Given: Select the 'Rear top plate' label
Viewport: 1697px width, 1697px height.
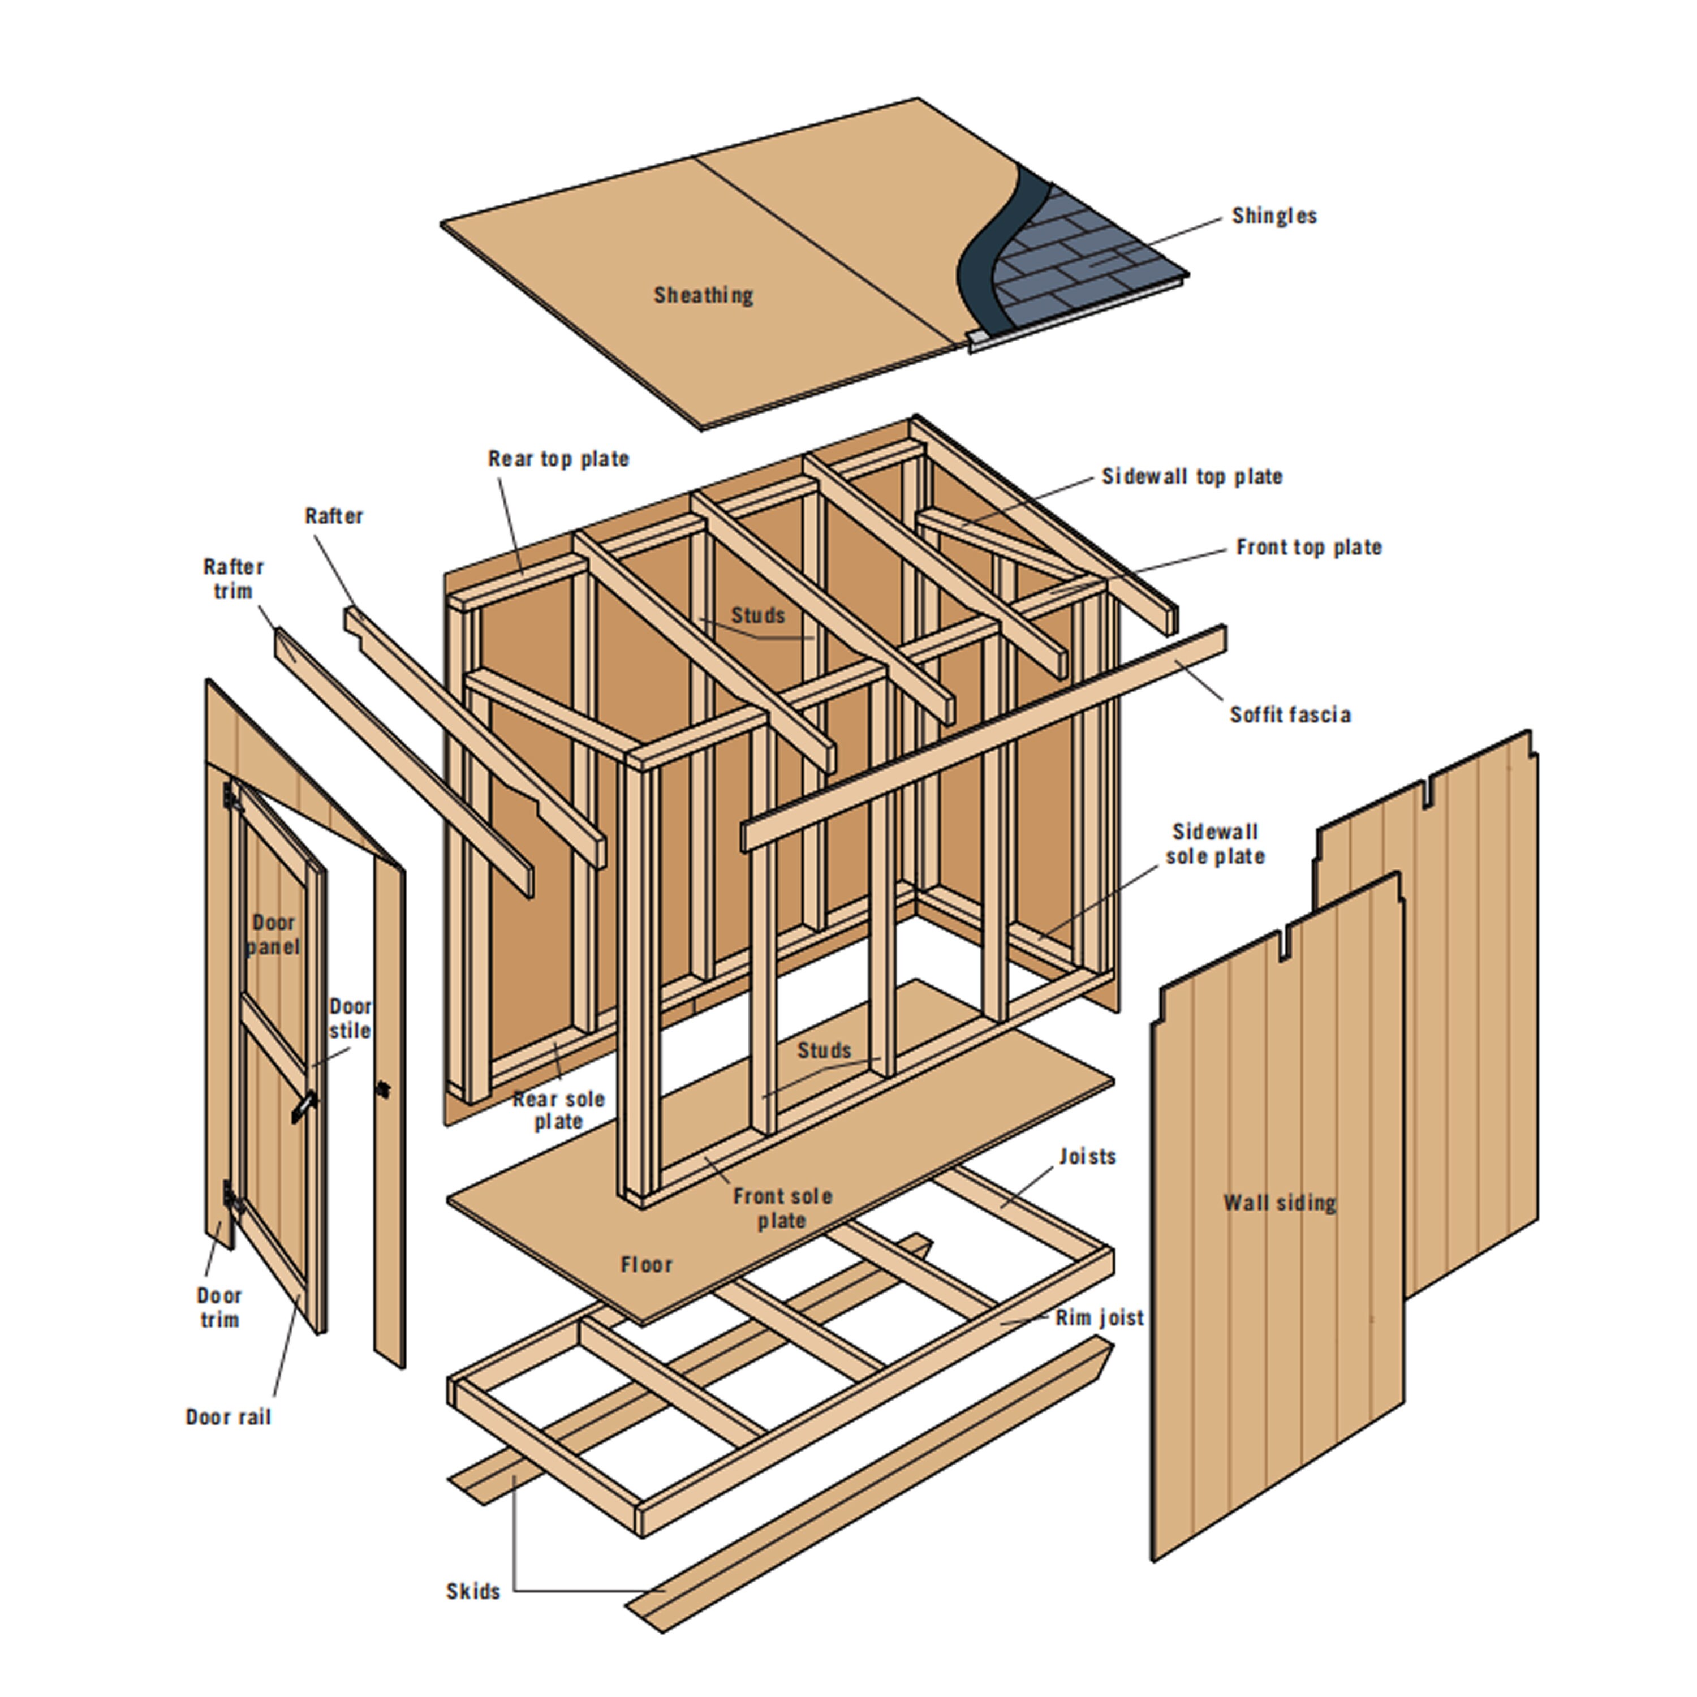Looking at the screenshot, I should pyautogui.click(x=559, y=459).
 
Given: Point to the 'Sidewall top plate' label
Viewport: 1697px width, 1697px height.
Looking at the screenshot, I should pyautogui.click(x=1192, y=477).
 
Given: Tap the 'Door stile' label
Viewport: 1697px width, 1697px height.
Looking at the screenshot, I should pyautogui.click(x=350, y=1019).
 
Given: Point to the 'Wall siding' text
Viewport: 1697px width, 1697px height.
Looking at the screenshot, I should pyautogui.click(x=1280, y=1203).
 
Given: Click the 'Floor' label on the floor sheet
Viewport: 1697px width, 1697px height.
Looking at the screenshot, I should pyautogui.click(x=647, y=1265).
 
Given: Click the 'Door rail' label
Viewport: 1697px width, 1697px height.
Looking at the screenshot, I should pyautogui.click(x=229, y=1417).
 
